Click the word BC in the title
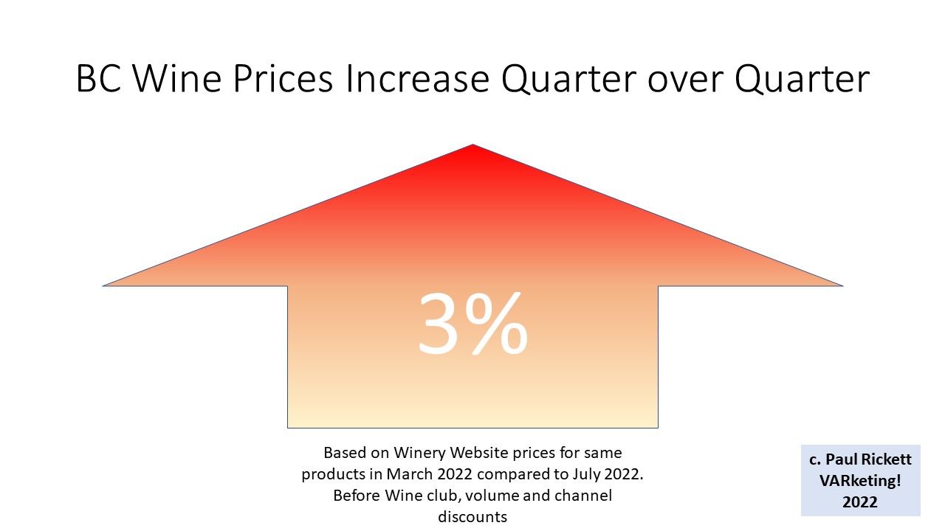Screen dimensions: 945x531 click(99, 79)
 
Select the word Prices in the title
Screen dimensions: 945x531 click(283, 79)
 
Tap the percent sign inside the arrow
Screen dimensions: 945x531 click(495, 324)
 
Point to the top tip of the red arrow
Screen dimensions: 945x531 click(472, 145)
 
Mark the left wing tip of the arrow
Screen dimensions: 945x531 click(103, 285)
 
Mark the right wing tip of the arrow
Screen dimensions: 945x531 click(842, 285)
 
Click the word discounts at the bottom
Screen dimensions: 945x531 click(472, 517)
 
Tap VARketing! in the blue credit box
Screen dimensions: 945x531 click(860, 481)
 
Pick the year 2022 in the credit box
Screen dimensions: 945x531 click(860, 502)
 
